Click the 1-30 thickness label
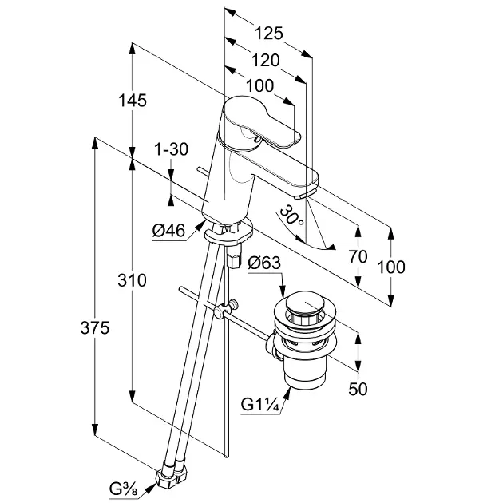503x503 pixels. pos(170,149)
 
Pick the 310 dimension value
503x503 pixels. pos(133,280)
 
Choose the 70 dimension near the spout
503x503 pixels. pos(358,256)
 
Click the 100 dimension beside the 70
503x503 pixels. pos(391,267)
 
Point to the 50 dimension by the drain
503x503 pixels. pos(359,389)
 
